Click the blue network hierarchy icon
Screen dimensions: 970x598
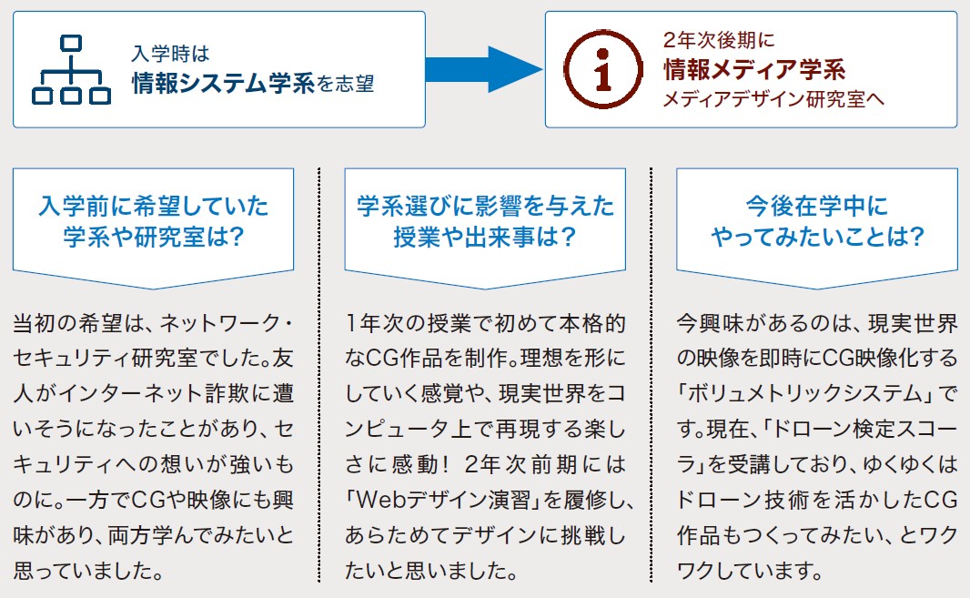pyautogui.click(x=71, y=69)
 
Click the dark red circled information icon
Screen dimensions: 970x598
pyautogui.click(x=603, y=68)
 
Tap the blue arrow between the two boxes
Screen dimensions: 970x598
pyautogui.click(x=484, y=69)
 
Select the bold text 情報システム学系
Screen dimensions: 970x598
pyautogui.click(x=223, y=84)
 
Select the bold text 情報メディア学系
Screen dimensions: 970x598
pyautogui.click(x=754, y=69)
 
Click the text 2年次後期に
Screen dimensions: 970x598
pyautogui.click(x=719, y=40)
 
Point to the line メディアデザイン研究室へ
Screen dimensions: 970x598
pyautogui.click(x=773, y=99)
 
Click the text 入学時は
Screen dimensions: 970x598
pyautogui.click(x=171, y=53)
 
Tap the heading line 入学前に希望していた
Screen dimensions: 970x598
pyautogui.click(x=154, y=206)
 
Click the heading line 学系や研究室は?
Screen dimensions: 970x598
pyautogui.click(x=154, y=237)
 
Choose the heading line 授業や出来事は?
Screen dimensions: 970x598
pyautogui.click(x=485, y=237)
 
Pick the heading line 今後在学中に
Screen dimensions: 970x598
pyautogui.click(x=816, y=206)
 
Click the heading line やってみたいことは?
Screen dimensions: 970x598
pyautogui.click(x=817, y=237)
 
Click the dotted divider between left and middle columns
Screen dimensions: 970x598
pyautogui.click(x=318, y=374)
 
